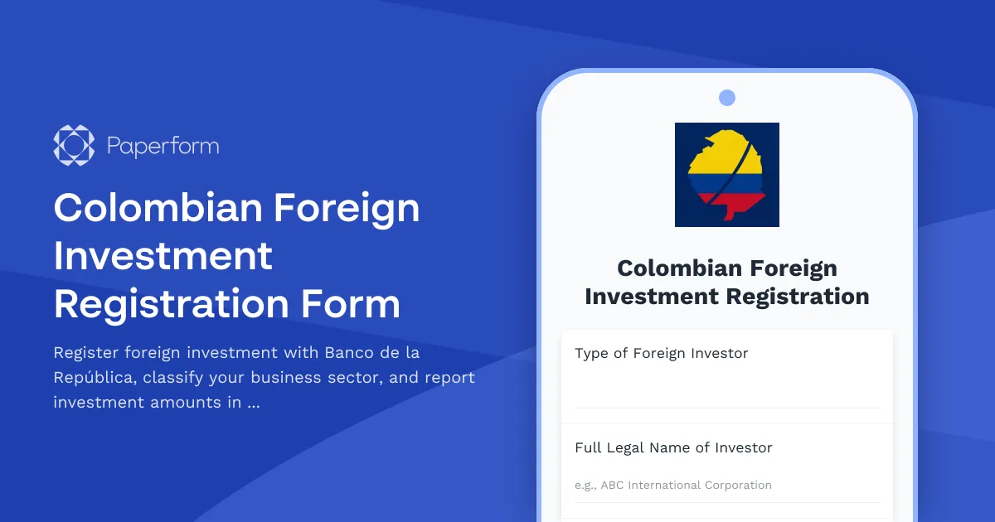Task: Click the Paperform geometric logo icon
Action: [74, 146]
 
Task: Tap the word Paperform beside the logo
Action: [163, 147]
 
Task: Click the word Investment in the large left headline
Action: [163, 256]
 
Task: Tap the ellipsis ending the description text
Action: [254, 404]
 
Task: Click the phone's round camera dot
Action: [727, 98]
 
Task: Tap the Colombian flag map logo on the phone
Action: [727, 175]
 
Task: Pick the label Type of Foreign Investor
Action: [661, 353]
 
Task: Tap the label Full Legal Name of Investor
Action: [673, 447]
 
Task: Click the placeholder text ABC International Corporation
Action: [686, 485]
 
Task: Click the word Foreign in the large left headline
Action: [347, 208]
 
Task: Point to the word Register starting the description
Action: [85, 352]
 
